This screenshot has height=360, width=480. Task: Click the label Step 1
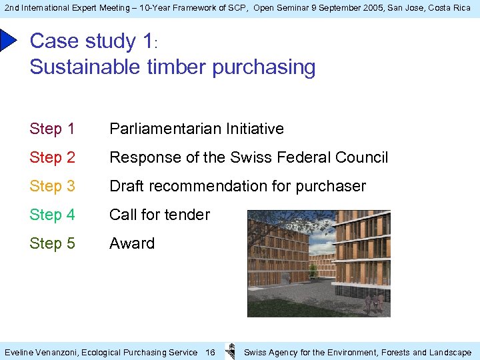[x=52, y=129]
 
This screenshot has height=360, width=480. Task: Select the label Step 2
[x=52, y=157]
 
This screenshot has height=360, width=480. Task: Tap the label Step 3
[x=52, y=186]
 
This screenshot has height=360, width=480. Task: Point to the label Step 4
[x=52, y=215]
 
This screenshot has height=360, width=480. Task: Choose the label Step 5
[x=52, y=243]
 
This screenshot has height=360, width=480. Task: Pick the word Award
[x=132, y=243]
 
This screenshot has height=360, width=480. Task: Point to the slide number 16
[x=210, y=352]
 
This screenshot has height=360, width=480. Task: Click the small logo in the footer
[x=230, y=351]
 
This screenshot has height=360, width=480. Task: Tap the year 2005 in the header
[x=375, y=7]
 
